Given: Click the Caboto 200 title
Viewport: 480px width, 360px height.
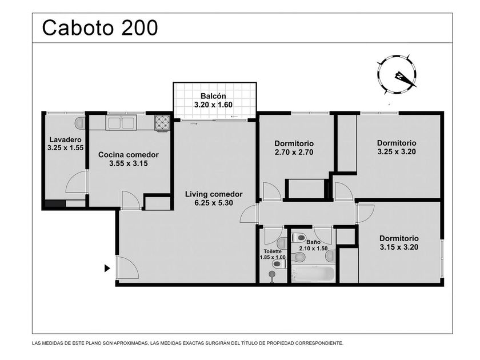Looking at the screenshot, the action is click(x=100, y=27).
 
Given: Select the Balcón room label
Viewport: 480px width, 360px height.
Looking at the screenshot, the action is click(x=213, y=96).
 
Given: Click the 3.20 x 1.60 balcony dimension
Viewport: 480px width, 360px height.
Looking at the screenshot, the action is click(x=213, y=105).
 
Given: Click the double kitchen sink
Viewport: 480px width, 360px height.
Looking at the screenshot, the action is click(x=121, y=123).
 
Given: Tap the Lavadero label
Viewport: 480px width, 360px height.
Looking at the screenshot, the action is click(x=66, y=140).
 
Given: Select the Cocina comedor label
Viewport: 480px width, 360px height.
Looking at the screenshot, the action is click(x=128, y=155).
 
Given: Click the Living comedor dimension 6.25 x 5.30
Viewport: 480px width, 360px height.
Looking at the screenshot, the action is click(x=214, y=203).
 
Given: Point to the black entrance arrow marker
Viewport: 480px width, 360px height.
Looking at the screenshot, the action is click(x=107, y=268).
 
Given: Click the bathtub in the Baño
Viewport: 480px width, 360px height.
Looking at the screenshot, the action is click(x=313, y=274).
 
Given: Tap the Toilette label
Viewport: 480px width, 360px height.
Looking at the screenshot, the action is click(x=273, y=251).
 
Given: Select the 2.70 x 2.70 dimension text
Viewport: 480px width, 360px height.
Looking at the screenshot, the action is click(x=294, y=152).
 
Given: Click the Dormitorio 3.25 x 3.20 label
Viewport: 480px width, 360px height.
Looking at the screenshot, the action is click(x=397, y=147).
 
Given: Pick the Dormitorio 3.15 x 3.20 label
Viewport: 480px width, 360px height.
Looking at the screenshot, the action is click(x=399, y=243).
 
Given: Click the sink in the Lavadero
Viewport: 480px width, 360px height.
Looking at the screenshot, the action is click(x=80, y=122).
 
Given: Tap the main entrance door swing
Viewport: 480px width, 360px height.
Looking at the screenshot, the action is click(x=127, y=267).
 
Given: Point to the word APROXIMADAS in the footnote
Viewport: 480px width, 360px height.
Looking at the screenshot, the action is click(x=130, y=343).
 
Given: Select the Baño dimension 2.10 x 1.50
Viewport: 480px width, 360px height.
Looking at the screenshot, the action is click(x=313, y=249).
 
